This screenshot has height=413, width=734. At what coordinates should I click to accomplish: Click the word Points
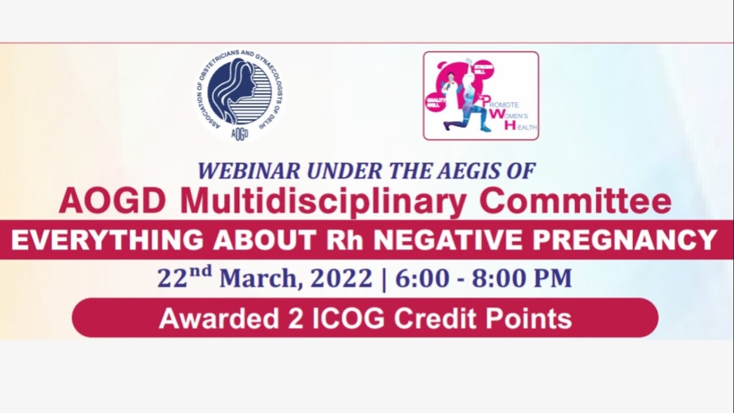pyautogui.click(x=533, y=318)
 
